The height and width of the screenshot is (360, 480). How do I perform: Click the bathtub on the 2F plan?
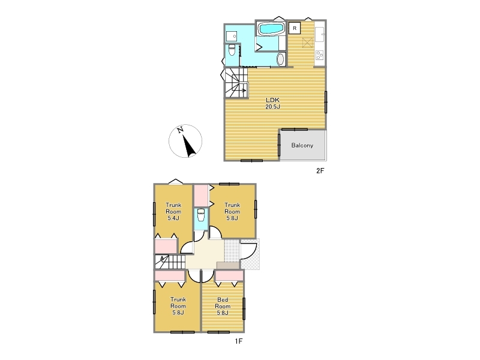click(x=271, y=28)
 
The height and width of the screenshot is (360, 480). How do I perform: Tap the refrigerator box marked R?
click(x=295, y=28)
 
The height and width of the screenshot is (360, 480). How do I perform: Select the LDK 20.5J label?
click(x=273, y=103)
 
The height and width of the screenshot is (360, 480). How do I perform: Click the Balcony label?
click(x=302, y=145)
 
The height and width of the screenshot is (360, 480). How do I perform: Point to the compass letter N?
click(x=180, y=130)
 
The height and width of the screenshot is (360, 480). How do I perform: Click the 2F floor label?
click(x=320, y=171)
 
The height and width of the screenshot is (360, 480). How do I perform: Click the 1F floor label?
click(x=238, y=341)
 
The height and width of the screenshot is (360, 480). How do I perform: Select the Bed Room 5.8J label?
click(x=223, y=306)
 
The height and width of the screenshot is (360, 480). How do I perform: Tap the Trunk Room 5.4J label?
click(x=173, y=212)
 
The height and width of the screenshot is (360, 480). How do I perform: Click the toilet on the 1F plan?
click(x=201, y=215)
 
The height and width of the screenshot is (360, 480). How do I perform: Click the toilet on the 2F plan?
click(x=232, y=50)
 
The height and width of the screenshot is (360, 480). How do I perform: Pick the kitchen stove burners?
click(x=319, y=55)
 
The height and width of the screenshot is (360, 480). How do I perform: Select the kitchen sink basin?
click(x=319, y=34)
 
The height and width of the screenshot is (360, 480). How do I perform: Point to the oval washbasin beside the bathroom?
click(x=281, y=59)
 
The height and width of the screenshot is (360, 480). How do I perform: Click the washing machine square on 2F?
click(x=232, y=37)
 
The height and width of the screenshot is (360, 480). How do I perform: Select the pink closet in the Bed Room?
click(x=229, y=276)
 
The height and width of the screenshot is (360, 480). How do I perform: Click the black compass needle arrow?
click(x=189, y=145)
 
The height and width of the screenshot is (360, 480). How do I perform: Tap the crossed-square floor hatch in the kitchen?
click(x=307, y=43)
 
